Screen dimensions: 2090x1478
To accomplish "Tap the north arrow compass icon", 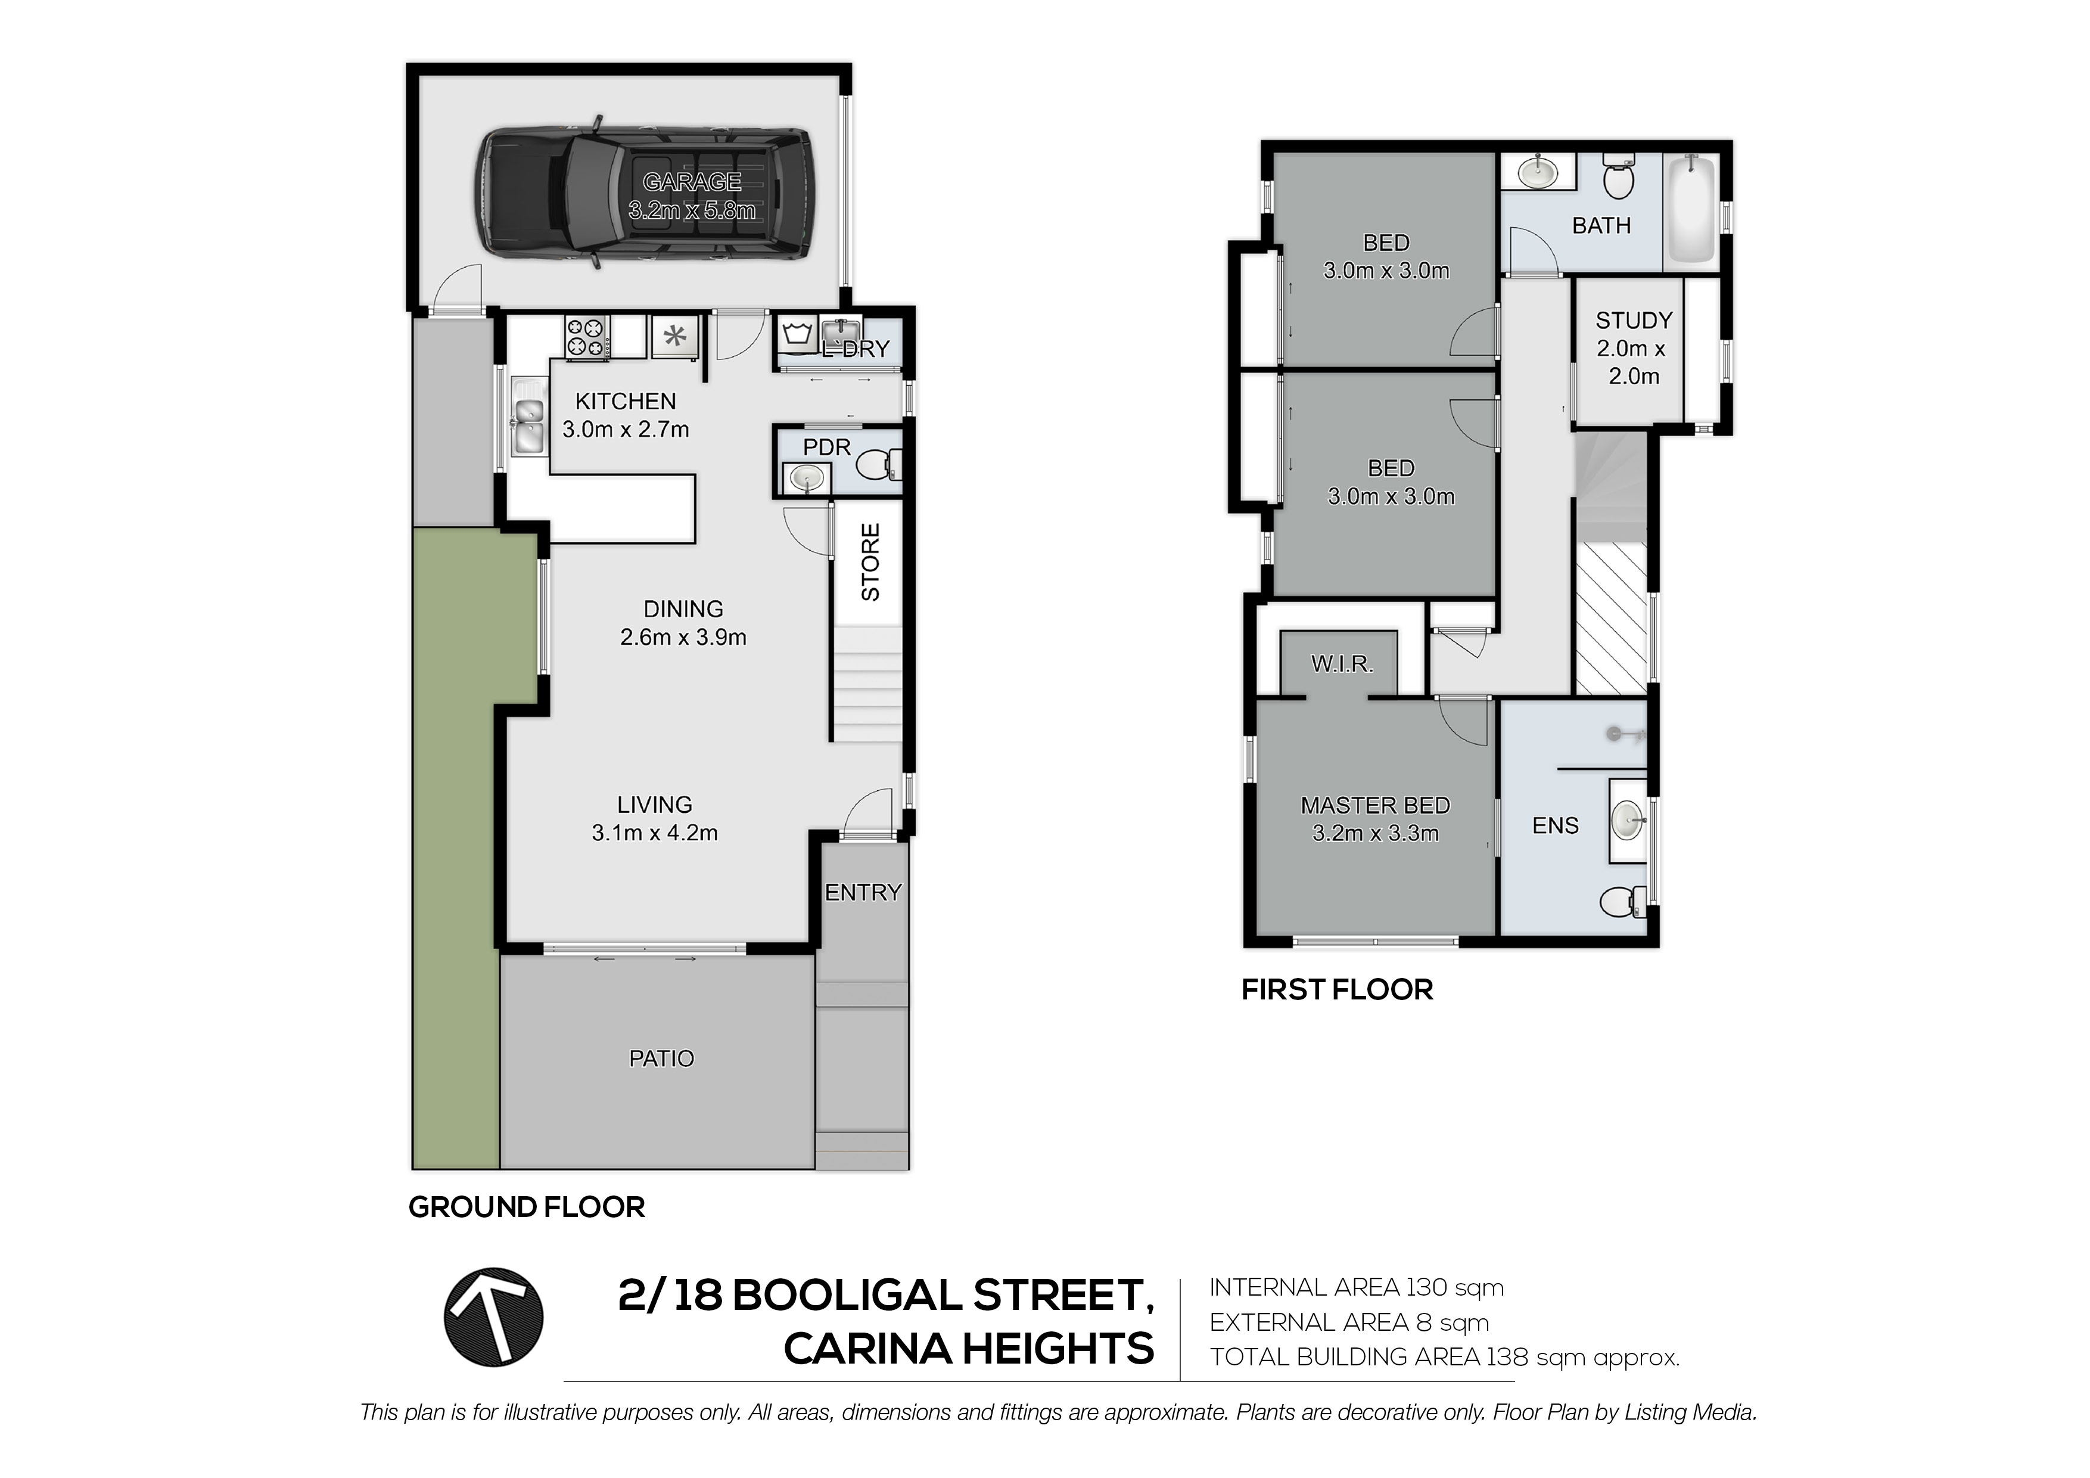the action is click(x=493, y=1317).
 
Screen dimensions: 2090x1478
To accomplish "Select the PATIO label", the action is click(x=662, y=1058).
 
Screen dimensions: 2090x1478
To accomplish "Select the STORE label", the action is click(x=870, y=562).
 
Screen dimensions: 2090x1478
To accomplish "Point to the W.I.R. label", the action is click(x=1342, y=664).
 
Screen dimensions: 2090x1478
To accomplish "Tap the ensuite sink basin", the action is click(x=1629, y=819).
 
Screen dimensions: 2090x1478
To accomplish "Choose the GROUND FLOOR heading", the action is click(x=526, y=1207).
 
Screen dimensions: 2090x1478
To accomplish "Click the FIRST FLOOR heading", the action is click(x=1337, y=990).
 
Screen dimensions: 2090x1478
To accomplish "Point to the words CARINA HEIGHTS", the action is click(x=969, y=1349).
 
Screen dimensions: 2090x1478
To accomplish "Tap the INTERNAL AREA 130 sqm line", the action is click(x=1357, y=1288).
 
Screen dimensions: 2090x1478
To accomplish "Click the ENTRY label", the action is click(x=863, y=892).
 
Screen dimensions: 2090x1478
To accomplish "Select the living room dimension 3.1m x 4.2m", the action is click(x=655, y=833).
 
